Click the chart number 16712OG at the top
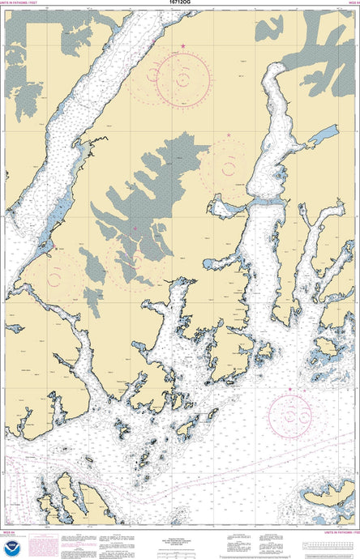tap(180, 4)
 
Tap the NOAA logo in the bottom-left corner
tap(11, 548)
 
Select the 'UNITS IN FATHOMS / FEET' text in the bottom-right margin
tap(339, 531)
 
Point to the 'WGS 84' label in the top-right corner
tap(350, 4)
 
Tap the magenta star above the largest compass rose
tap(183, 45)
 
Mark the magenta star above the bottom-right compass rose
tap(289, 390)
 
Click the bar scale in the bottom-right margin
tap(328, 544)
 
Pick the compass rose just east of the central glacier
tap(229, 166)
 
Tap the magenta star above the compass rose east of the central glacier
tap(229, 135)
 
